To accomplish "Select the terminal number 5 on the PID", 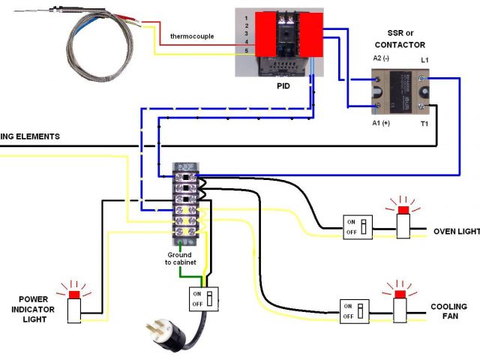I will pyautogui.click(x=245, y=50).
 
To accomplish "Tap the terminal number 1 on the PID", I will pyautogui.click(x=245, y=16).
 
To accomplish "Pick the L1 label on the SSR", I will pyautogui.click(x=424, y=58).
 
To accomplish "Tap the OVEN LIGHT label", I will pyautogui.click(x=456, y=232).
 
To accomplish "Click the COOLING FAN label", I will pyautogui.click(x=448, y=313).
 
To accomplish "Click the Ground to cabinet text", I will pyautogui.click(x=179, y=259).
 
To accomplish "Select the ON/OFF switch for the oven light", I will pyautogui.click(x=358, y=226).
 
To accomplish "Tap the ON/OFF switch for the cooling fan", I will pyautogui.click(x=354, y=310).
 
